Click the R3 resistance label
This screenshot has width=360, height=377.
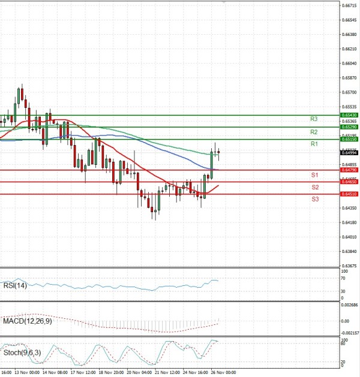pos(314,119)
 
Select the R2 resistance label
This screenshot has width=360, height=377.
pos(314,132)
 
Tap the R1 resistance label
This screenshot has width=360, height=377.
pos(314,144)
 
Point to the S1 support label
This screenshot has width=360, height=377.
pos(314,175)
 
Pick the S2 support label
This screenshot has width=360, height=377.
pos(314,188)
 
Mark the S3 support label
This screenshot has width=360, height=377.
pos(314,198)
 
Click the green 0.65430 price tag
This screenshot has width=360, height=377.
pos(348,114)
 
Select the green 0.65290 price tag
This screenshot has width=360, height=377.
pos(348,127)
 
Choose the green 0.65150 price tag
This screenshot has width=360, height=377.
pos(348,139)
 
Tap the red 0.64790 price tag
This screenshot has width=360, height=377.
pos(348,170)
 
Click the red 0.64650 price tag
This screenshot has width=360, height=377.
pos(348,182)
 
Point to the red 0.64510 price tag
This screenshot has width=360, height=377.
pos(348,194)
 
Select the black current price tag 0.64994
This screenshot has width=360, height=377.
pos(348,153)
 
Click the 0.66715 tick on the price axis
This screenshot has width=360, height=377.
pos(349,5)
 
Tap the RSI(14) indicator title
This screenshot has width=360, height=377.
pos(14,285)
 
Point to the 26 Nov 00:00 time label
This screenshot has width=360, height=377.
pos(219,372)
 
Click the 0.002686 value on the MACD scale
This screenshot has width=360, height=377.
pos(349,305)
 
